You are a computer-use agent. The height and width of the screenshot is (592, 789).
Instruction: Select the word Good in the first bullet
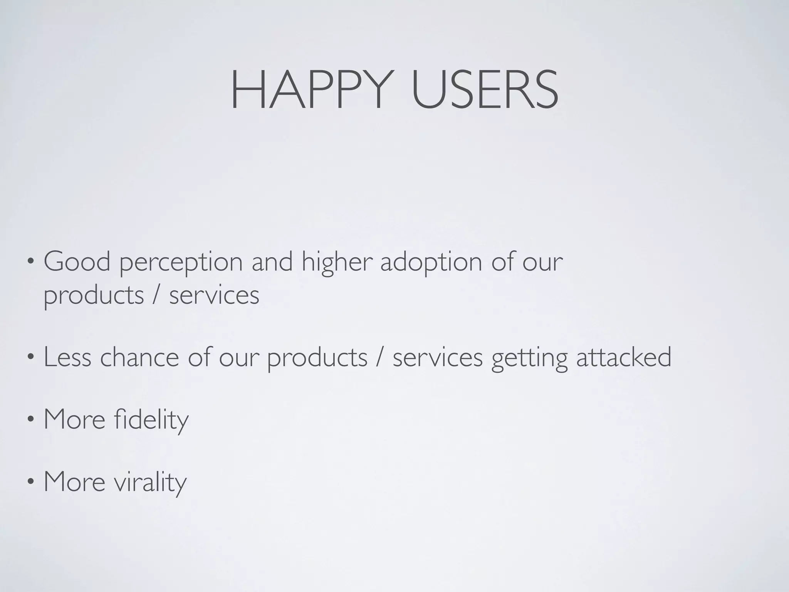77,262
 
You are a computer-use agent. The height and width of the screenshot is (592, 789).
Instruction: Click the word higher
337,262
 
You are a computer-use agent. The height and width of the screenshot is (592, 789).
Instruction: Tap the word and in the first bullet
272,262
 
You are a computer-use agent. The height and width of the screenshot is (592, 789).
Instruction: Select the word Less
67,357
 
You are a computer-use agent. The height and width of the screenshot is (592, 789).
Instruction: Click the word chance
139,357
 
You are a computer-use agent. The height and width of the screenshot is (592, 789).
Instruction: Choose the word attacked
624,357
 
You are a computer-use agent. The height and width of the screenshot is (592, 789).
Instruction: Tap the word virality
150,482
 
